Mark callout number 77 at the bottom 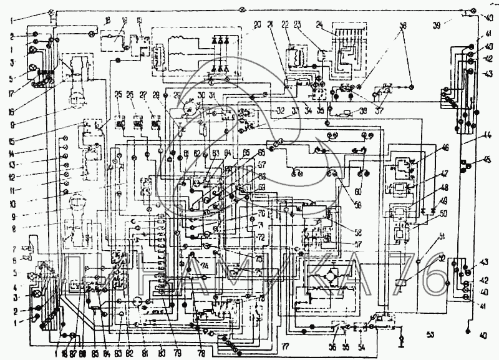[285, 344]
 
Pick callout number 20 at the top [258, 25]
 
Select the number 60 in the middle [358, 192]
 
